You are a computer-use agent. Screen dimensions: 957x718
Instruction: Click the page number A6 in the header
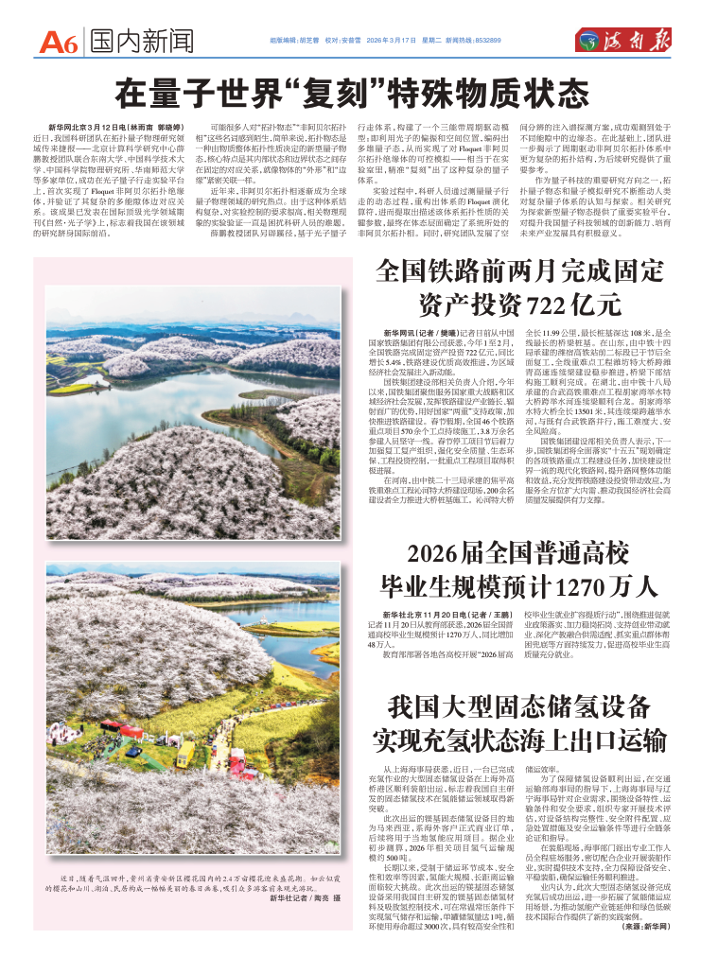58,41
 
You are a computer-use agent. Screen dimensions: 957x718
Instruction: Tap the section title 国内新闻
143,41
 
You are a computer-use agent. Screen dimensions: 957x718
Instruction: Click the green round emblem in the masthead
594,40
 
